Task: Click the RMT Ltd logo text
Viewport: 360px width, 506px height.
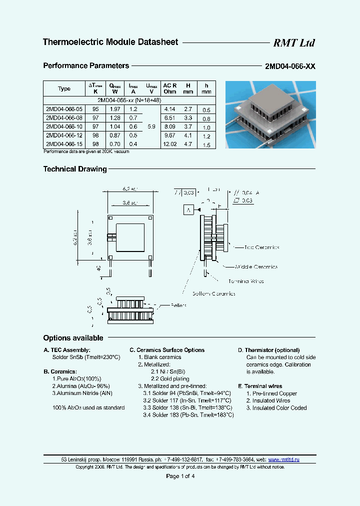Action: coord(293,43)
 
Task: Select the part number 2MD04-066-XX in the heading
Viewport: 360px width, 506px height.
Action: coord(290,66)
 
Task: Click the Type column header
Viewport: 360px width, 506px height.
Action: coord(64,89)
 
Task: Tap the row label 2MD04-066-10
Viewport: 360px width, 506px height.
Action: coord(61,128)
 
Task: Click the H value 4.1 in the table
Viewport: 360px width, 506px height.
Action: coord(187,135)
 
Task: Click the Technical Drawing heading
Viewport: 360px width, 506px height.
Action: coord(75,169)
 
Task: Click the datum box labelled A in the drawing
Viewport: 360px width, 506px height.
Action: coord(189,210)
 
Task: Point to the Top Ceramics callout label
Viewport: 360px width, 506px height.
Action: coord(261,247)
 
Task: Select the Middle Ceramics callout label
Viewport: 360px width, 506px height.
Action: coord(256,267)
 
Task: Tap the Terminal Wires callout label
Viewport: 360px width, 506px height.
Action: coord(245,281)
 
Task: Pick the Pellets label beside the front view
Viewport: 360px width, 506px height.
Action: coord(178,305)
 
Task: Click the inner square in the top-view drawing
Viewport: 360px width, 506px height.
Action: coord(130,236)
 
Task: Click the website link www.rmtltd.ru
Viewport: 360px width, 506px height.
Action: coord(283,459)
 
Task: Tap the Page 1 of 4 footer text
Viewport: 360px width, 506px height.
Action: coord(180,476)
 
